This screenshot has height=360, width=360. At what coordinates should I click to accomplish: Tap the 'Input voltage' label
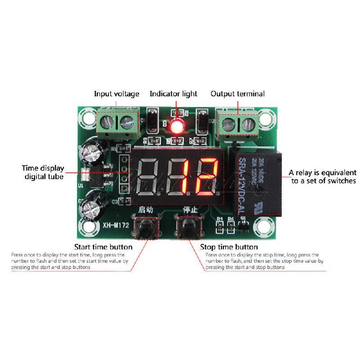[117, 94]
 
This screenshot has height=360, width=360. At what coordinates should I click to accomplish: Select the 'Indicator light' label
[173, 94]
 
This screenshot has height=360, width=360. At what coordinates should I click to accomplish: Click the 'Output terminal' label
[238, 94]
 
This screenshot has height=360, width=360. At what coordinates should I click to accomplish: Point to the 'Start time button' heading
[103, 247]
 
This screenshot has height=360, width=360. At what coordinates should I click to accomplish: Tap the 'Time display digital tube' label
[43, 172]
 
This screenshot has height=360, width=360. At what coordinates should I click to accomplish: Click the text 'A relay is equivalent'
[322, 172]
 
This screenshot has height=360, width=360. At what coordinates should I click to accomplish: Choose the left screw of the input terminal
[108, 120]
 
